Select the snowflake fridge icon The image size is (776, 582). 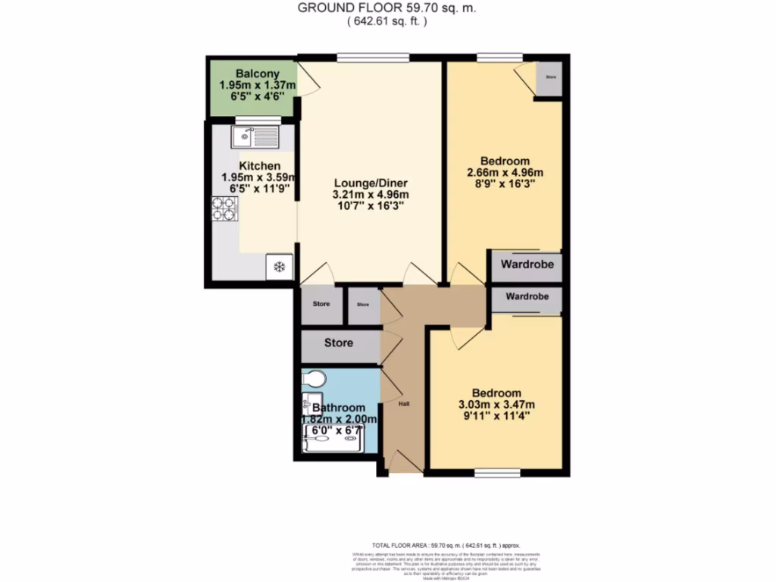[x=278, y=267]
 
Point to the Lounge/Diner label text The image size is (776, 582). [x=371, y=183]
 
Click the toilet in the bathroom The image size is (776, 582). [x=313, y=377]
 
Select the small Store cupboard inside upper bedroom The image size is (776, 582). [x=550, y=77]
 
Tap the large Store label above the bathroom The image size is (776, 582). [x=339, y=343]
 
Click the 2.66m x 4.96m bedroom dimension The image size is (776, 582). [x=504, y=173]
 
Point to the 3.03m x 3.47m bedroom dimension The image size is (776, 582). [x=496, y=404]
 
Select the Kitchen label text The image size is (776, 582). [x=259, y=166]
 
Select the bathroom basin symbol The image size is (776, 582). [x=311, y=402]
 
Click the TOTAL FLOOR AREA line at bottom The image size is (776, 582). [x=445, y=545]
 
